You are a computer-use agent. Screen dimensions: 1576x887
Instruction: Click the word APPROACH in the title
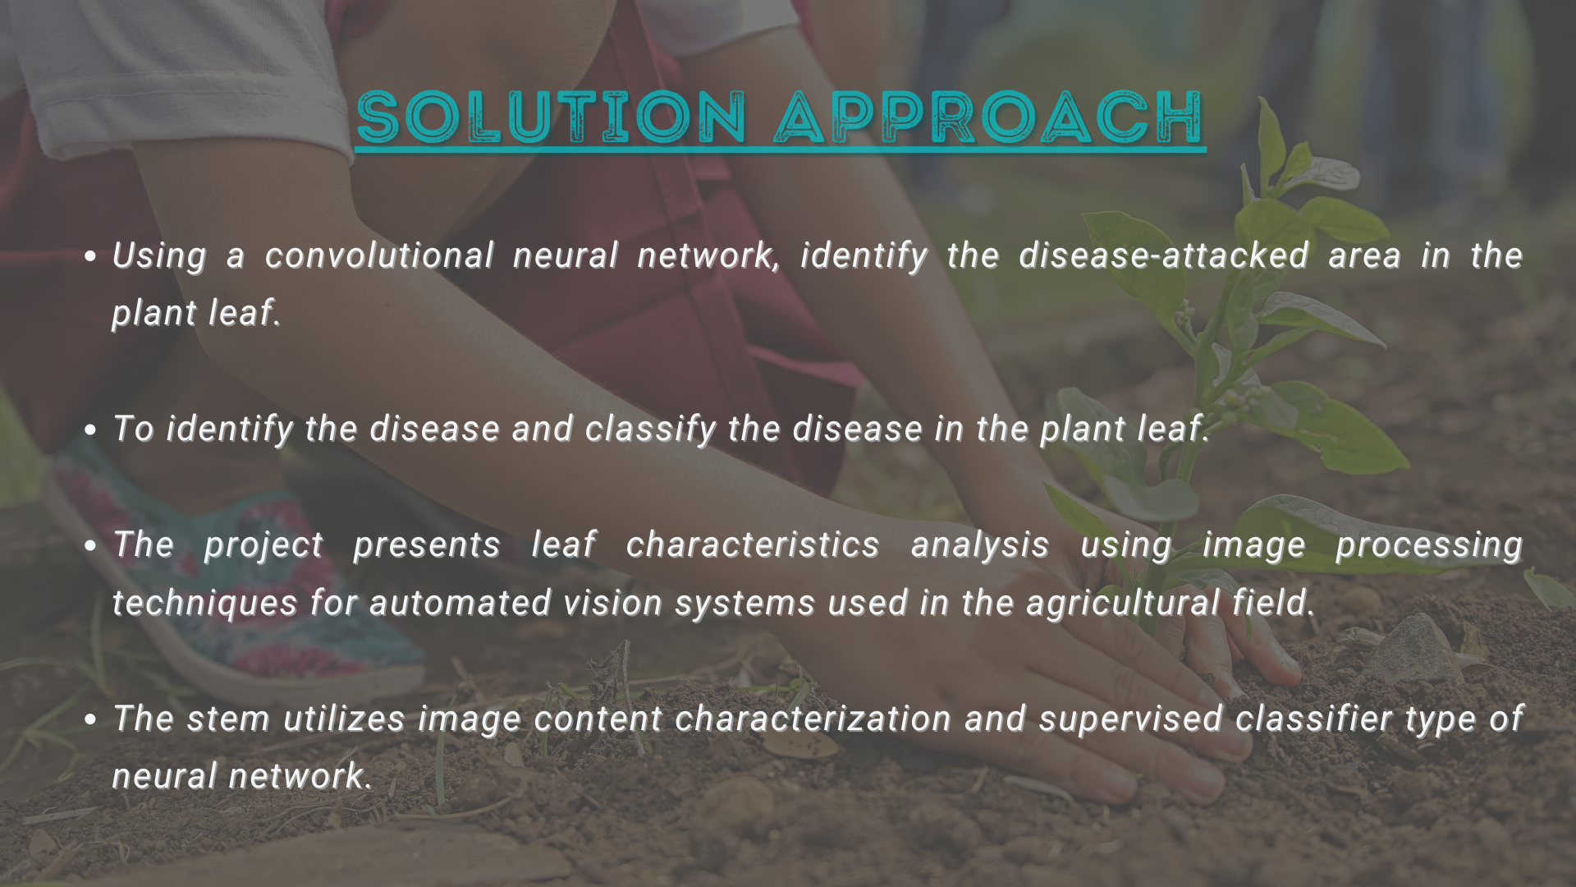coord(989,117)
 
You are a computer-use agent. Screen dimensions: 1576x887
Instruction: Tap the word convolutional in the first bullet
coord(379,255)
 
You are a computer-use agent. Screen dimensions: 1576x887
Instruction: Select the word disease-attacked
coord(1164,255)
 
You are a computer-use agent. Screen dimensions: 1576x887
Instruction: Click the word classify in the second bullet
coord(651,430)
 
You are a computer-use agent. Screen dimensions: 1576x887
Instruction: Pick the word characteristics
coord(753,545)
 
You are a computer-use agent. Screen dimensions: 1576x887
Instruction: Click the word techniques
coord(204,604)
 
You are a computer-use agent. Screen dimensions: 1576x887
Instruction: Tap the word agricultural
coord(1122,604)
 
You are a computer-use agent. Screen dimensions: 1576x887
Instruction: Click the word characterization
coord(813,719)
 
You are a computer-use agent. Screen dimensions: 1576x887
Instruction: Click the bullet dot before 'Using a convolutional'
coord(91,257)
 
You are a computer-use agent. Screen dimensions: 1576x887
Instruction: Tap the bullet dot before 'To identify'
coord(91,430)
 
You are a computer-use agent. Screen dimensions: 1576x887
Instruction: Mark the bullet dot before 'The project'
coord(91,546)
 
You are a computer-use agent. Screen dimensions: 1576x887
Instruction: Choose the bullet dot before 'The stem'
coord(91,720)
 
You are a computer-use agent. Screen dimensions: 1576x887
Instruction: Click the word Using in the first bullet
coord(159,256)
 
